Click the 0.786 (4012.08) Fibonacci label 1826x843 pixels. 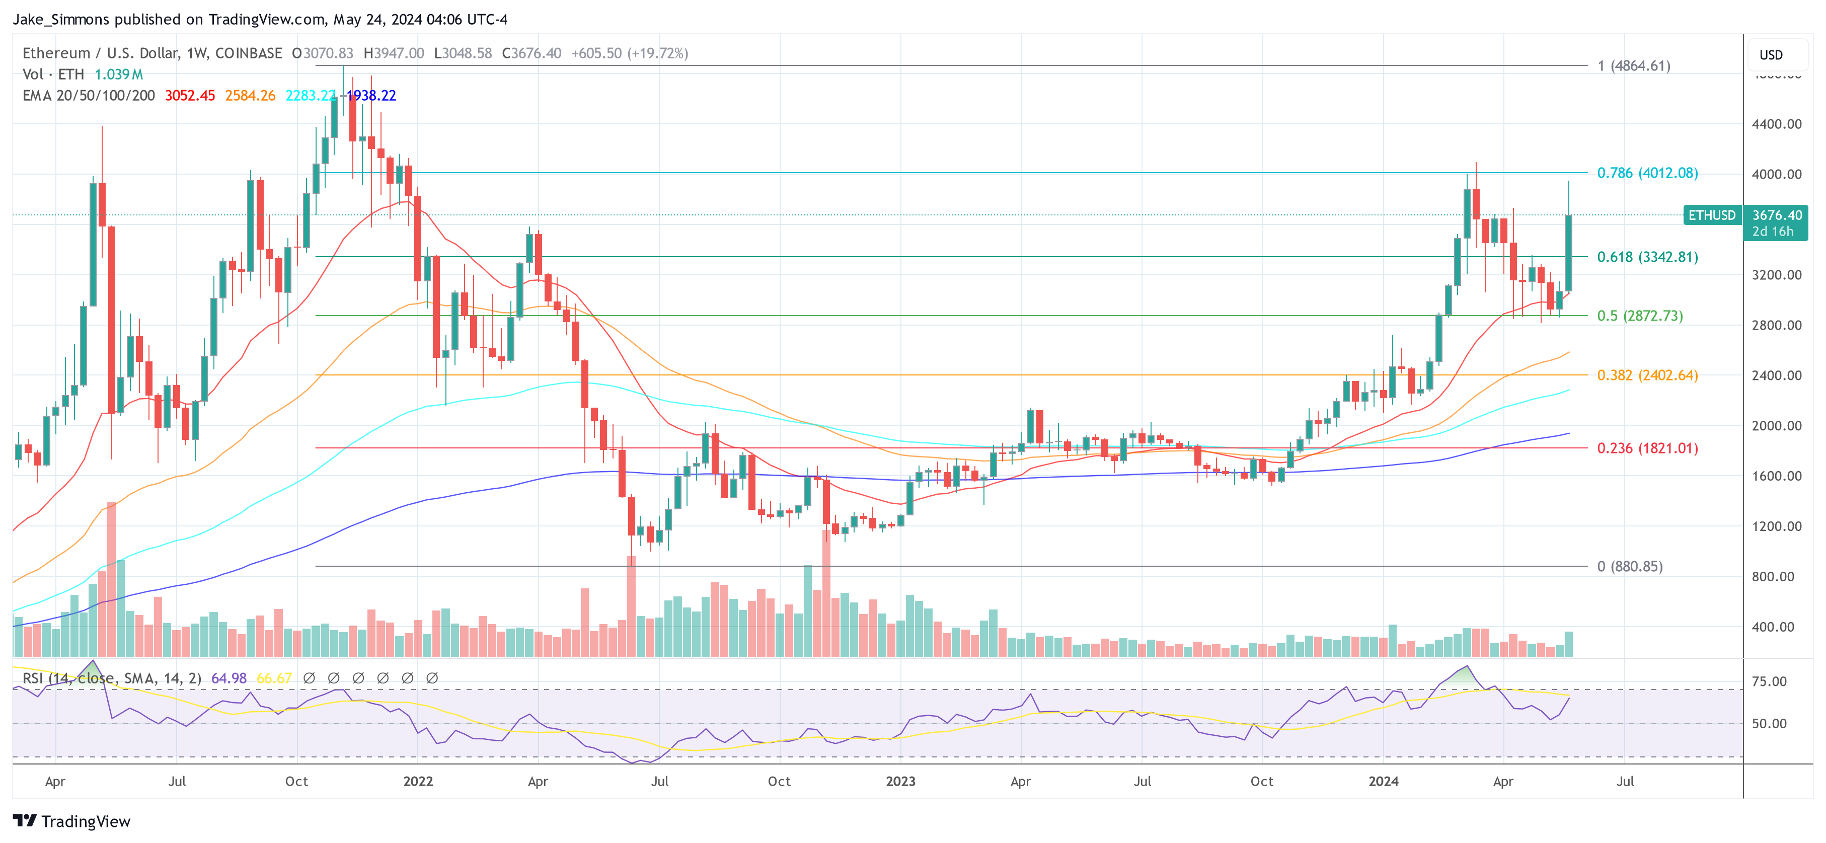(x=1647, y=173)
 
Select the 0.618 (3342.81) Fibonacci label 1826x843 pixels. (x=1647, y=257)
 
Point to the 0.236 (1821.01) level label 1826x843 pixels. (x=1647, y=448)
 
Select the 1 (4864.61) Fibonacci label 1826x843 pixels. (x=1633, y=66)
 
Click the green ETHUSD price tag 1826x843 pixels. (x=1711, y=215)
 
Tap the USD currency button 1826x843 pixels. (x=1770, y=54)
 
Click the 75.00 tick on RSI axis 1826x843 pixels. (x=1769, y=681)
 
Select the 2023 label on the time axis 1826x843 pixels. (x=900, y=781)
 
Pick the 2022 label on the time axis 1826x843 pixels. (x=418, y=781)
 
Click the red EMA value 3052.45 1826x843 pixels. (x=189, y=96)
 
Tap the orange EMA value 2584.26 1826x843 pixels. (x=250, y=96)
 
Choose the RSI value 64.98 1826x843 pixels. (x=229, y=678)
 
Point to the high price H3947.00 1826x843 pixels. (x=394, y=53)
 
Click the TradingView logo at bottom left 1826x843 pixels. (x=71, y=821)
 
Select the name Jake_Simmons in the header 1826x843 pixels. (x=61, y=19)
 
